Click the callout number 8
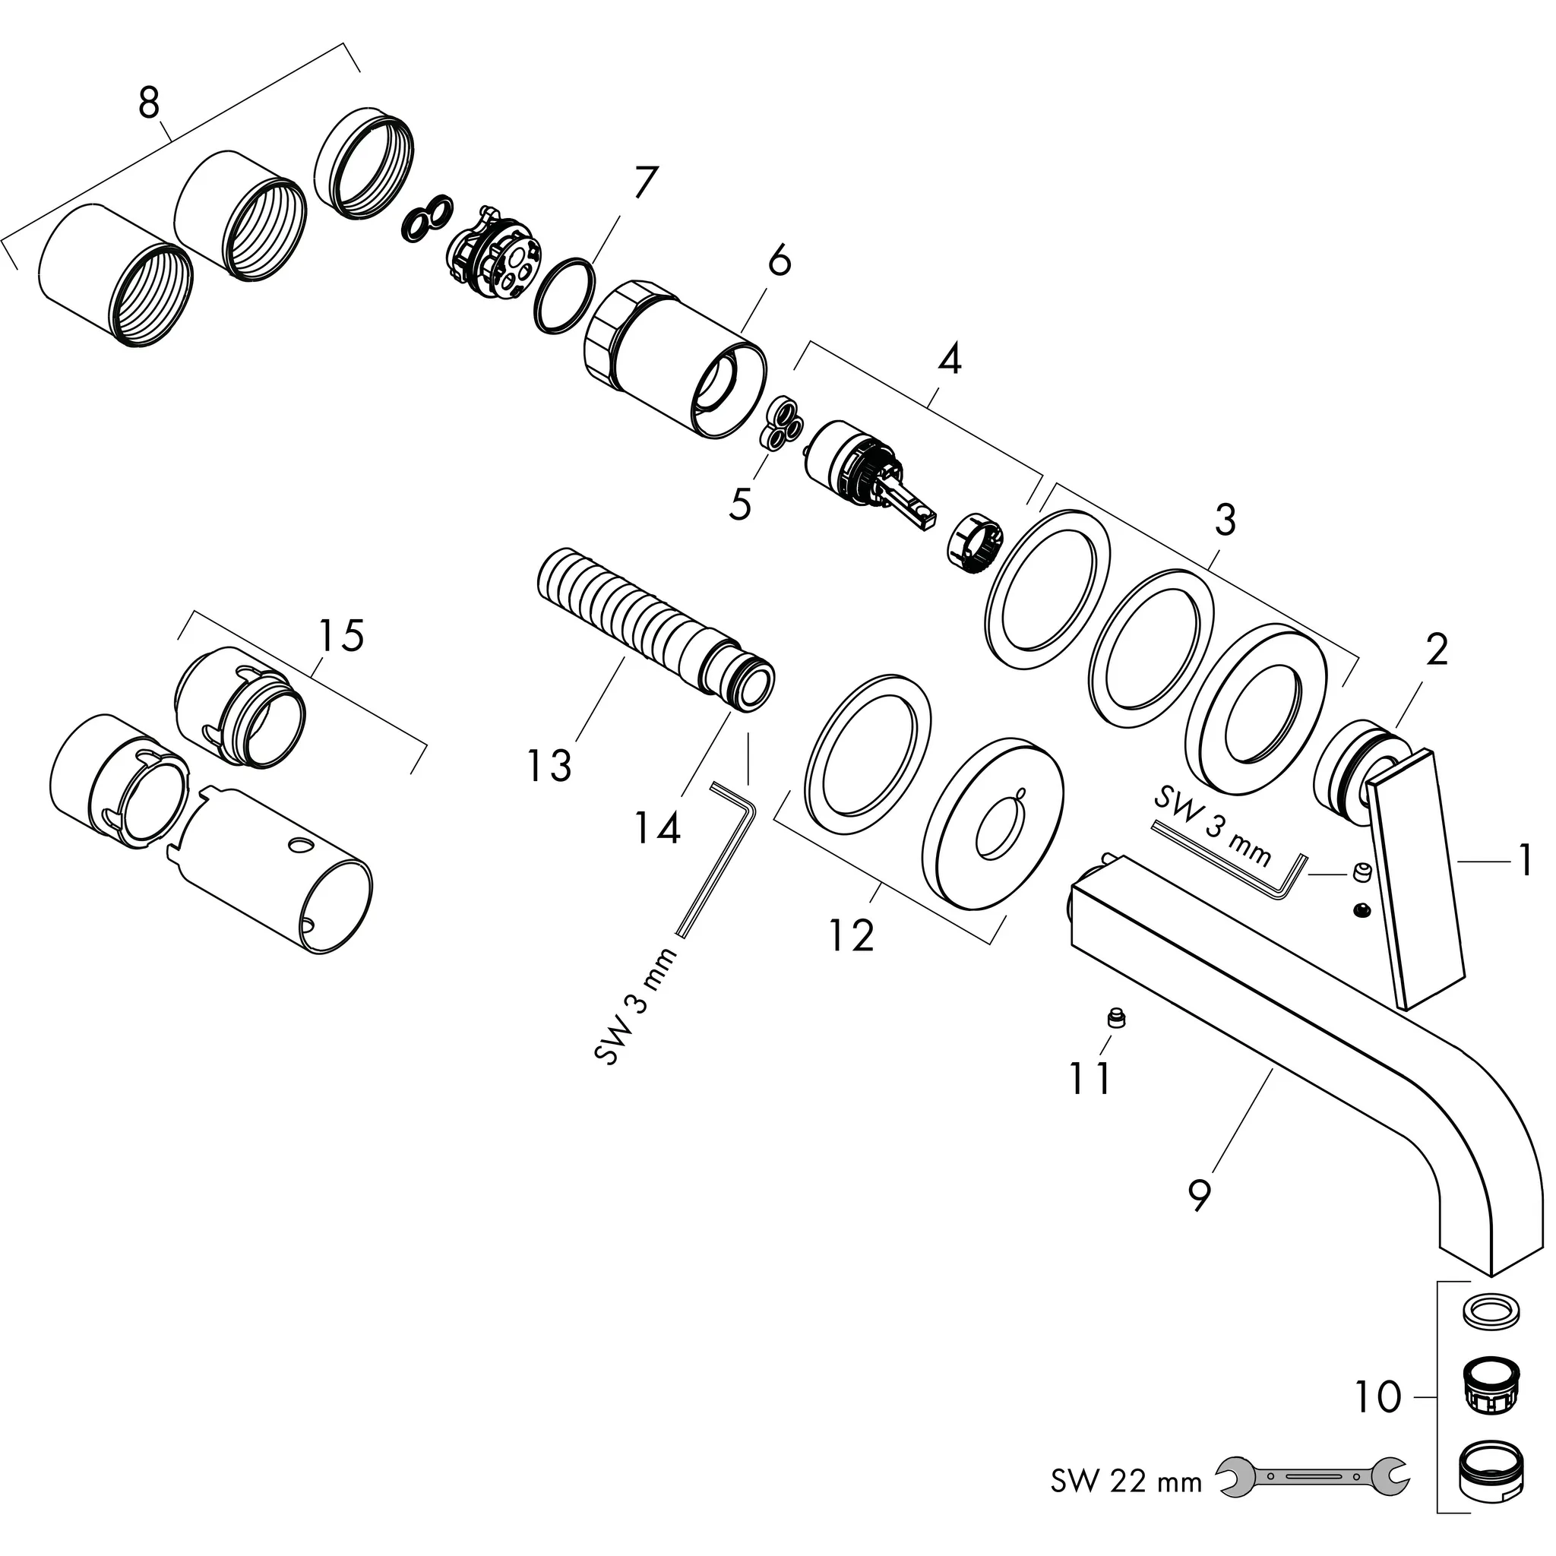[149, 104]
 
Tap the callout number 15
[340, 635]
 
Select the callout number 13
[549, 765]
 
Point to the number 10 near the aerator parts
[1378, 1396]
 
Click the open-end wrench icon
[1313, 1475]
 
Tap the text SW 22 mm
[1126, 1480]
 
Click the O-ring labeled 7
[565, 295]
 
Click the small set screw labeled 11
[1115, 1019]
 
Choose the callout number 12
[851, 935]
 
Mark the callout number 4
[950, 359]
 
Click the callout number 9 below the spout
[1199, 1193]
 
